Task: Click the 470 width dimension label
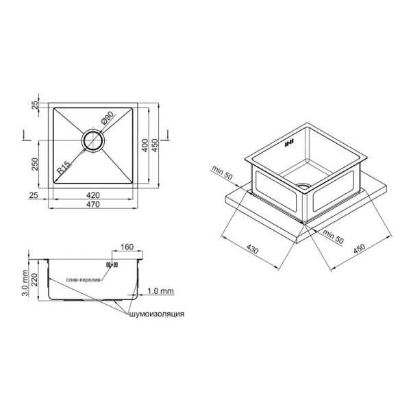[93, 204]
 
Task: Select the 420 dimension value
[93, 195]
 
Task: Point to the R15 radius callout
[64, 168]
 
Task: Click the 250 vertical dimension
[35, 164]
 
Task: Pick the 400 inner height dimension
[145, 145]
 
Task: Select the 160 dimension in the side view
[127, 247]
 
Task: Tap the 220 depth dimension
[35, 279]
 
